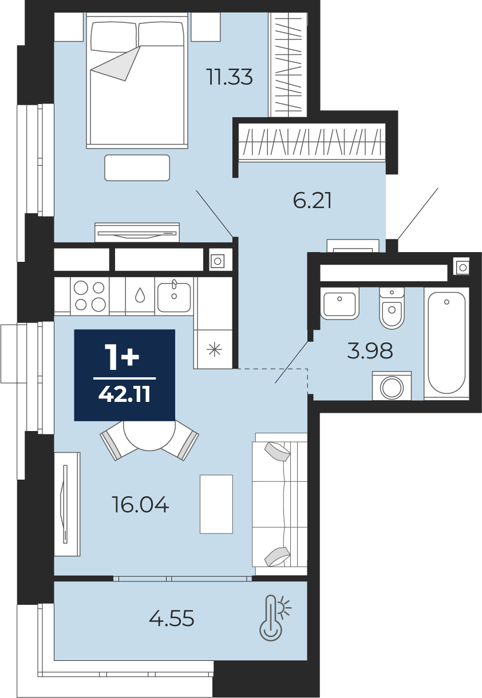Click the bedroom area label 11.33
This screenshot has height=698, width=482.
point(230,77)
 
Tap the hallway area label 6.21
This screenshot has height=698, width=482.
point(312,200)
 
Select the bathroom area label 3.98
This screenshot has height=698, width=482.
point(370,350)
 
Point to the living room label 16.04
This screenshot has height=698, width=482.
point(140,504)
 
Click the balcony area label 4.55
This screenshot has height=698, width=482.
point(172,619)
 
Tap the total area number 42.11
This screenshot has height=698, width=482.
point(124,395)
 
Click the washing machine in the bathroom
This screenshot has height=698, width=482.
point(392,386)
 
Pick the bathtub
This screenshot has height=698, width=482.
point(447,344)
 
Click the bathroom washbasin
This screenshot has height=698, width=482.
point(339,304)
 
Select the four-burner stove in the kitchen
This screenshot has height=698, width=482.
point(90,296)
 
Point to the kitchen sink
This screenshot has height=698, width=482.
point(174,296)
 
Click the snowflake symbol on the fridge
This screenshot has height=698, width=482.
point(215,350)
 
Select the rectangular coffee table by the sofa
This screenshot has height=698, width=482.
point(216,504)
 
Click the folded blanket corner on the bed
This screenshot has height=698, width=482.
point(116,63)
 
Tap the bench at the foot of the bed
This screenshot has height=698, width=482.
point(137,167)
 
